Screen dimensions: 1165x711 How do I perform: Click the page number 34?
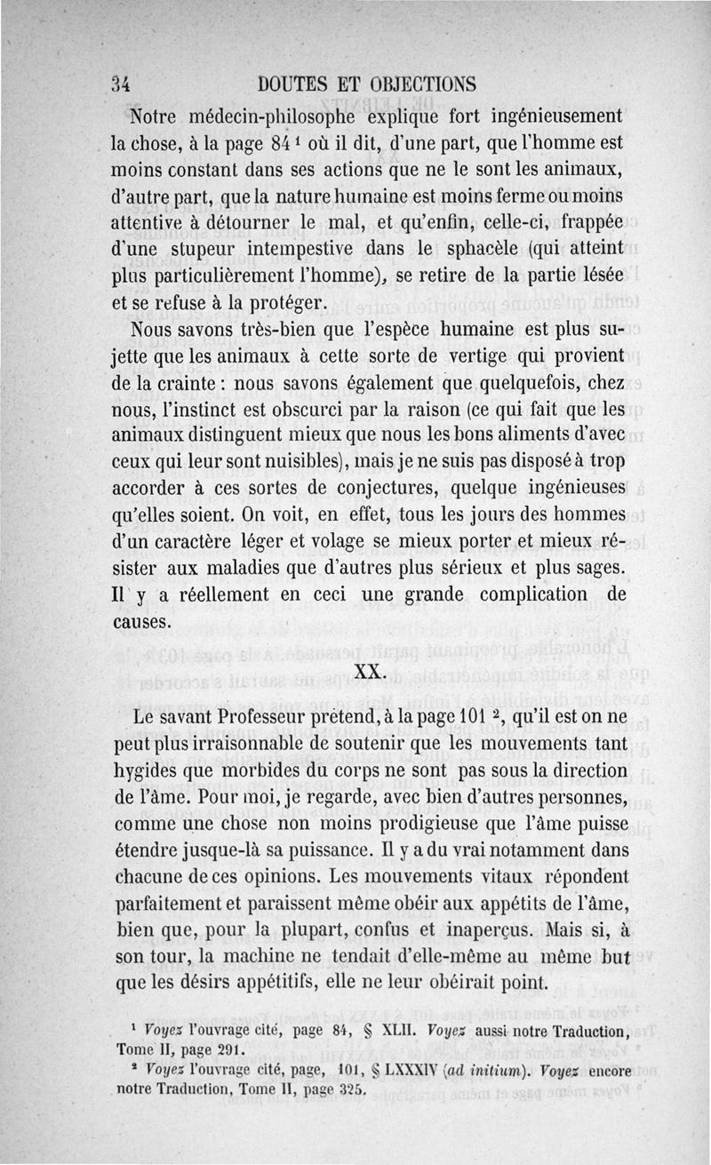[x=121, y=85]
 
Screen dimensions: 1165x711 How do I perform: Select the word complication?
[x=511, y=594]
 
